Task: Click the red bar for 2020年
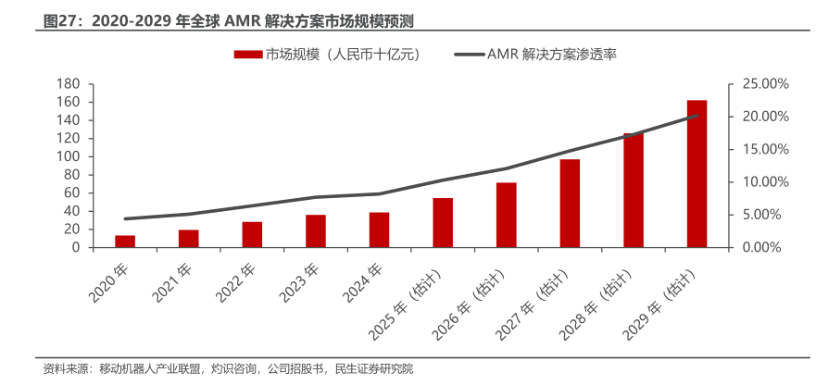pyautogui.click(x=125, y=242)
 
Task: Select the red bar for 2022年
pyautogui.click(x=252, y=235)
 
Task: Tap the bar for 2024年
pyautogui.click(x=379, y=230)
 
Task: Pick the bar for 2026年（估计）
pyautogui.click(x=506, y=215)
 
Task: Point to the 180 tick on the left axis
pyautogui.click(x=66, y=84)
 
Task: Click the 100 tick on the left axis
pyautogui.click(x=66, y=156)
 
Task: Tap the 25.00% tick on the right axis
pyautogui.click(x=765, y=84)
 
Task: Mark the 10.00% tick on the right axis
pyautogui.click(x=765, y=182)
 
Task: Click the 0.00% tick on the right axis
pyautogui.click(x=765, y=247)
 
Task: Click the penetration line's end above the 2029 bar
pyautogui.click(x=697, y=116)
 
